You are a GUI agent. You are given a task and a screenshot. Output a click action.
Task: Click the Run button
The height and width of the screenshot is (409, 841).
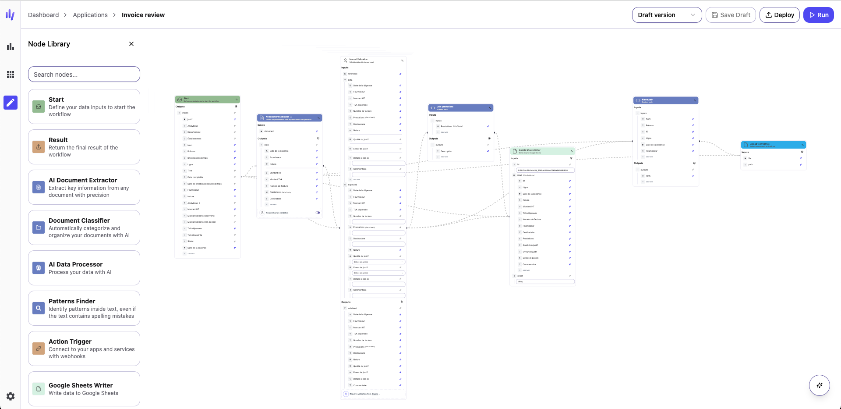click(818, 15)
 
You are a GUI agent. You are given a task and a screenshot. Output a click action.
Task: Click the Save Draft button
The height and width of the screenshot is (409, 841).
click(731, 15)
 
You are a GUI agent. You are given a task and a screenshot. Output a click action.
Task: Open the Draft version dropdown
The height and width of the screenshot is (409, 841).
click(666, 15)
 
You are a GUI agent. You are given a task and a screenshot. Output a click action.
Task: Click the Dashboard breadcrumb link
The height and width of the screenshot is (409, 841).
click(43, 15)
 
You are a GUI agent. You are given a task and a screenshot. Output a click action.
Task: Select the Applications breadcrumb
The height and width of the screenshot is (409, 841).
click(90, 15)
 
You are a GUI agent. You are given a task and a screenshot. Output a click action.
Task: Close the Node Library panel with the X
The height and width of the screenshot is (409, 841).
click(131, 44)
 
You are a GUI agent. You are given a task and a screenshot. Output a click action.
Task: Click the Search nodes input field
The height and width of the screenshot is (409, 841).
click(84, 75)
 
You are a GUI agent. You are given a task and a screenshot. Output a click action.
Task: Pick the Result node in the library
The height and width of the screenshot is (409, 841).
click(84, 147)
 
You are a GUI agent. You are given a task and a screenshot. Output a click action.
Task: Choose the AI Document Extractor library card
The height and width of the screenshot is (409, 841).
click(84, 187)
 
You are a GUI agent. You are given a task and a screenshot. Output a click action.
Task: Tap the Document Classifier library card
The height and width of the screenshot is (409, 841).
click(84, 228)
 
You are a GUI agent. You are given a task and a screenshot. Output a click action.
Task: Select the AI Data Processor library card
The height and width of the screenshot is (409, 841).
click(84, 268)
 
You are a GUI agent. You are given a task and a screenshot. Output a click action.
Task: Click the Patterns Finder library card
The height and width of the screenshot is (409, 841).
click(84, 308)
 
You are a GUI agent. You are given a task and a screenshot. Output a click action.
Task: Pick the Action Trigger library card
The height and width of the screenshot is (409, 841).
click(84, 349)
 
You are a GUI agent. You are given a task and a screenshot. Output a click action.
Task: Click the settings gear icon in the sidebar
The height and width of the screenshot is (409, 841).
click(11, 396)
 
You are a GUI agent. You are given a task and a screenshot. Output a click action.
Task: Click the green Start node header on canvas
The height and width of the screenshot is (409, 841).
click(207, 100)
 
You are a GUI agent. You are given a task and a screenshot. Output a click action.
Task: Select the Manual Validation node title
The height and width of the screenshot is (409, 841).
click(358, 60)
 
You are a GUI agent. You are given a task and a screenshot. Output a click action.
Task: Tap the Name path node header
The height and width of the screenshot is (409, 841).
click(665, 100)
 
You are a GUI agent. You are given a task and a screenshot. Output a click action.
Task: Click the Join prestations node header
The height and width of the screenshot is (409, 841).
click(460, 108)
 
